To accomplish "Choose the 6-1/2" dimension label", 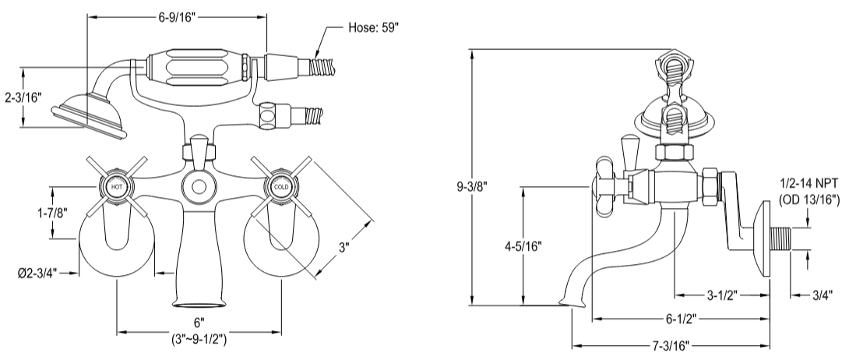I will click(x=680, y=319).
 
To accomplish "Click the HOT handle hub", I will click(x=117, y=187).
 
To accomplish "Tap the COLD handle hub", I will click(x=280, y=187).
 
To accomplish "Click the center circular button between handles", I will click(x=199, y=187).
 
